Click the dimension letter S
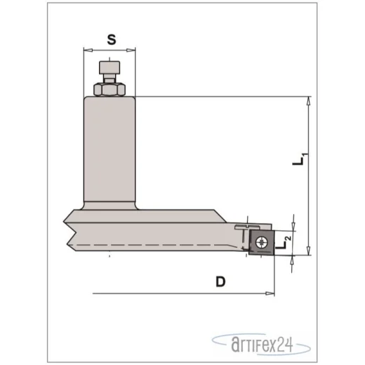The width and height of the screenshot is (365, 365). click(x=112, y=39)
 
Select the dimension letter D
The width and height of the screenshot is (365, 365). click(x=220, y=281)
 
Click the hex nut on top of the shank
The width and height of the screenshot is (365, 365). click(x=109, y=89)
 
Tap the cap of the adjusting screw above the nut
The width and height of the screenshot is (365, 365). click(x=109, y=67)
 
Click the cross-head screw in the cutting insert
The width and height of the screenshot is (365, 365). click(x=261, y=242)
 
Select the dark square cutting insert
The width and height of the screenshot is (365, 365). click(x=262, y=243)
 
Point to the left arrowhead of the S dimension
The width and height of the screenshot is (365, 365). click(x=88, y=50)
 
